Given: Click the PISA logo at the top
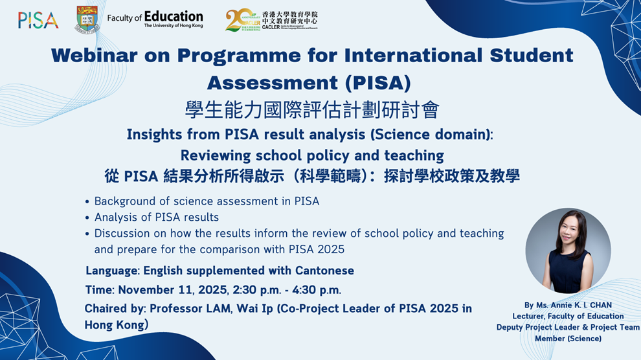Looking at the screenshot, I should point(38,20).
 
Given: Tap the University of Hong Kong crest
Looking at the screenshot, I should point(87,19).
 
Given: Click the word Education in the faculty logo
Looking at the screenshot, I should point(174,16).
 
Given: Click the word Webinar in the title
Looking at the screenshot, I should point(94,55).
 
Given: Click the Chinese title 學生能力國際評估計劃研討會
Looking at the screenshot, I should point(312,110).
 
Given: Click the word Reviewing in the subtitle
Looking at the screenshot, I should point(216,155).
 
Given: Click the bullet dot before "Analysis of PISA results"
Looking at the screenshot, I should point(87,218).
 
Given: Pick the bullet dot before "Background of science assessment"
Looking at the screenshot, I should point(87,201).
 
